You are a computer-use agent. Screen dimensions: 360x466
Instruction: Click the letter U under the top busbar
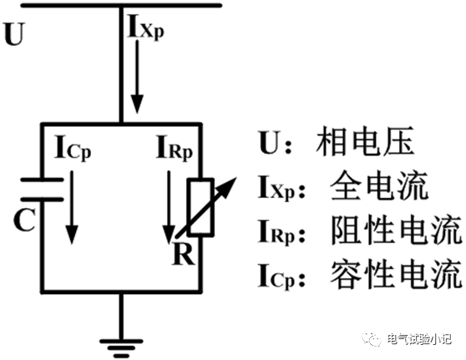(x=14, y=35)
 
